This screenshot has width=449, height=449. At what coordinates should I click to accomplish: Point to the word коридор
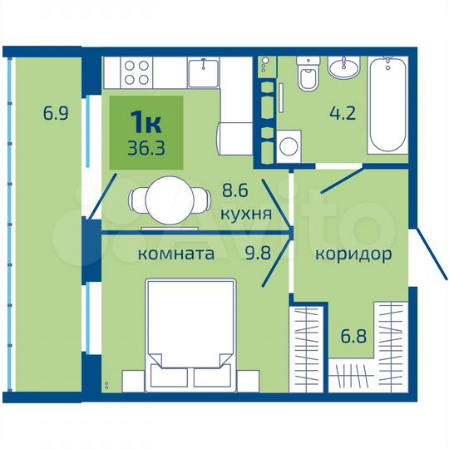(x=353, y=254)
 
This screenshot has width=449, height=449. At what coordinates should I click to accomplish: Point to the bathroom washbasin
(x=343, y=68)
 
